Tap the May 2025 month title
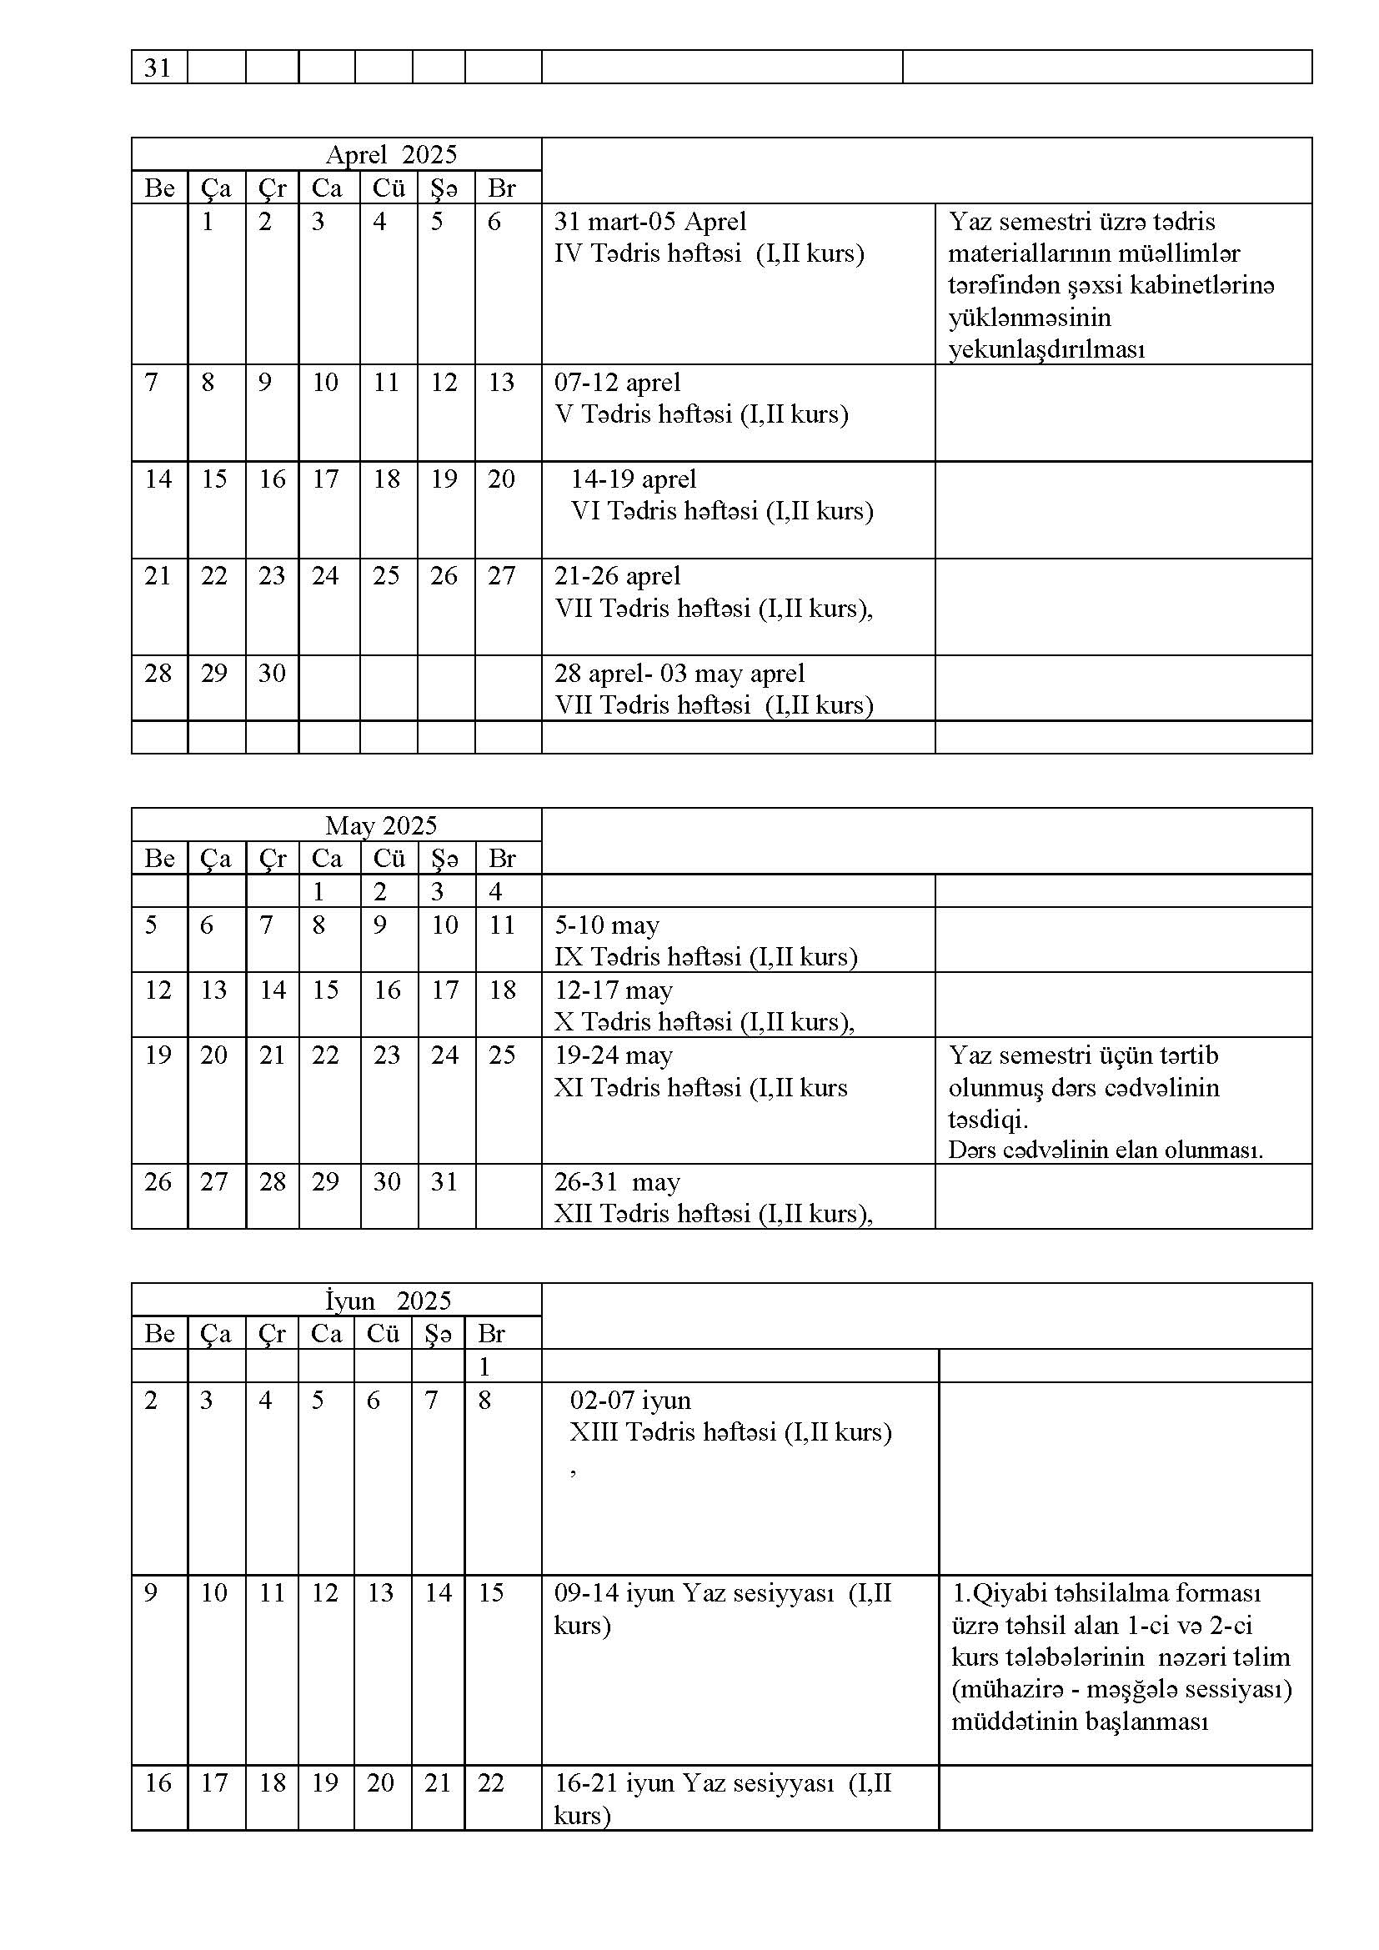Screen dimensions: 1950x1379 point(380,825)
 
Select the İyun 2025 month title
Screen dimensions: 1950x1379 point(388,1301)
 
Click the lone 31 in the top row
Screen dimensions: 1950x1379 point(158,67)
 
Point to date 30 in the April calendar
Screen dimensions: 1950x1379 point(272,674)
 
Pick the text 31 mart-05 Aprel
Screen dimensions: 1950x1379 point(649,222)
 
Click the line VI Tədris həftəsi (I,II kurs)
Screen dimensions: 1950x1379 point(722,511)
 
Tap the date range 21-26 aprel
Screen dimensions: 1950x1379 point(617,576)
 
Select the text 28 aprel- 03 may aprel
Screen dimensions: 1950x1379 point(679,674)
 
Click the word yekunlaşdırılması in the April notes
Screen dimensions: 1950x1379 point(1046,349)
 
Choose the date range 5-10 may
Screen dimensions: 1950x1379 point(607,925)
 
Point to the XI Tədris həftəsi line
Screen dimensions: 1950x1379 point(700,1088)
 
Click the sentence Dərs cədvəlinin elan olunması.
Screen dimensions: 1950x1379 point(1106,1150)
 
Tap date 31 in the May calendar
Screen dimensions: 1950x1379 point(444,1181)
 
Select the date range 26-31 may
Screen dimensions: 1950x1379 point(617,1181)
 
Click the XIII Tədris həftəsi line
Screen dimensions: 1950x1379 point(730,1432)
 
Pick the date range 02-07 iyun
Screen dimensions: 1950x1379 point(630,1400)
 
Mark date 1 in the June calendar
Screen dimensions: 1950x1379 point(485,1366)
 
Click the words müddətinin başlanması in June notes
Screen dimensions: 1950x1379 point(1079,1722)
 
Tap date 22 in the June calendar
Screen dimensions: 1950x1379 point(491,1782)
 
